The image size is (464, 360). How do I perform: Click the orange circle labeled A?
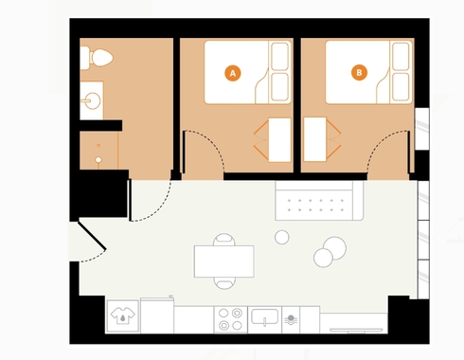tap(233, 73)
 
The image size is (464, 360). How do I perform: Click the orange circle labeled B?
tap(359, 73)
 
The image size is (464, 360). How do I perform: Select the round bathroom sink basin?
tap(93, 100)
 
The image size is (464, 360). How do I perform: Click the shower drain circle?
tap(98, 160)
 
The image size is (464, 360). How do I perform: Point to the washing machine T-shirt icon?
tap(123, 315)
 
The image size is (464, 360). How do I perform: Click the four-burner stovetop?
tap(231, 319)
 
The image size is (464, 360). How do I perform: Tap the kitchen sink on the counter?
tap(264, 316)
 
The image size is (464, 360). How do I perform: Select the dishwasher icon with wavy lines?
tap(291, 319)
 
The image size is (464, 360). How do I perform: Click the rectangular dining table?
tap(224, 261)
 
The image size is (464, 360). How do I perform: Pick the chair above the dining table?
tap(224, 240)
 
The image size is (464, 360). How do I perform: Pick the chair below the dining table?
tap(224, 283)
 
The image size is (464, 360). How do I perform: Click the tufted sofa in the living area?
tap(319, 201)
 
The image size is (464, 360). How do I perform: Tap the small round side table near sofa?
tap(282, 237)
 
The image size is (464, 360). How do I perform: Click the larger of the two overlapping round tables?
tap(334, 248)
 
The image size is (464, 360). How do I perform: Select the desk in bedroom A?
tap(279, 140)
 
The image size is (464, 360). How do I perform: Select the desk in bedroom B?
tap(315, 139)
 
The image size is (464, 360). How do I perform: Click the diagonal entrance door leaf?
tap(92, 236)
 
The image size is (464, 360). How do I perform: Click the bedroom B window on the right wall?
tap(421, 129)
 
